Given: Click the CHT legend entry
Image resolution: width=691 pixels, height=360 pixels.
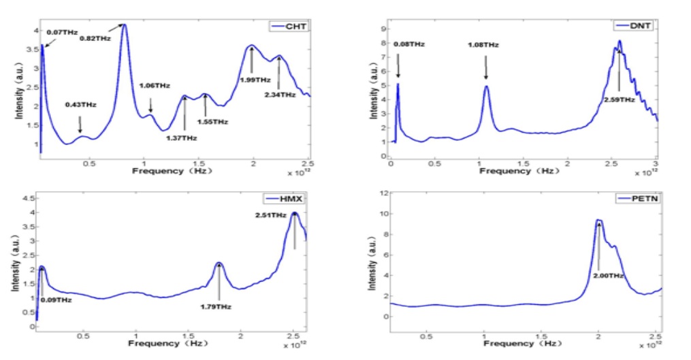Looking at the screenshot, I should (291, 26).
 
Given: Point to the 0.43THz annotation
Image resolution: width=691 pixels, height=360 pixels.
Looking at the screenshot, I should (80, 105).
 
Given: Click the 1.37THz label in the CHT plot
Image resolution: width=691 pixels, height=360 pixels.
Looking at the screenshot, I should (181, 138).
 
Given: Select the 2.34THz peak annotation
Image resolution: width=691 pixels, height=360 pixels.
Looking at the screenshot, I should (280, 95).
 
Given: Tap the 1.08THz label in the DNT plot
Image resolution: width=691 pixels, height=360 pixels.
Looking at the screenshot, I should (483, 45).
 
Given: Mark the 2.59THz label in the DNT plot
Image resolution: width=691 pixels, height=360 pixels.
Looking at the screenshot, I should (619, 99).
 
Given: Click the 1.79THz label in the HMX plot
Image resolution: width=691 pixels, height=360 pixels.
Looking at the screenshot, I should (216, 307).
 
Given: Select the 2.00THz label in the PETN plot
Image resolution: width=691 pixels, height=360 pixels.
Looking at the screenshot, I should (607, 276).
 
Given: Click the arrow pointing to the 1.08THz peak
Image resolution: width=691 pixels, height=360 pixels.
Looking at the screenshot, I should (486, 67).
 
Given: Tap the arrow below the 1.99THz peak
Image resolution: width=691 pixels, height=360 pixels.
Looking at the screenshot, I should (252, 61).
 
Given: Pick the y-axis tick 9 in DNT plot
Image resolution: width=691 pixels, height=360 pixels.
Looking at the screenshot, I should (383, 29).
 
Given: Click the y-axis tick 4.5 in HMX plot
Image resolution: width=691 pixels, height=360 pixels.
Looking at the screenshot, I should (22, 199).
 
